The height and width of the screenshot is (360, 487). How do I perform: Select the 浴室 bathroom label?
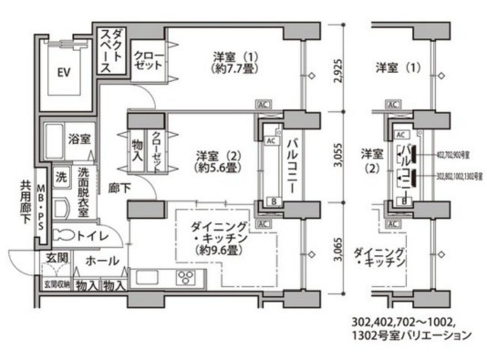pyautogui.click(x=79, y=139)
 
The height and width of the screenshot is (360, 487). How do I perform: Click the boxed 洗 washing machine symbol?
pyautogui.click(x=61, y=177)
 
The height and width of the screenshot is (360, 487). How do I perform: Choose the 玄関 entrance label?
pyautogui.click(x=54, y=258)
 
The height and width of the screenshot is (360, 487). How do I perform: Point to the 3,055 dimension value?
pyautogui.click(x=337, y=159)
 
